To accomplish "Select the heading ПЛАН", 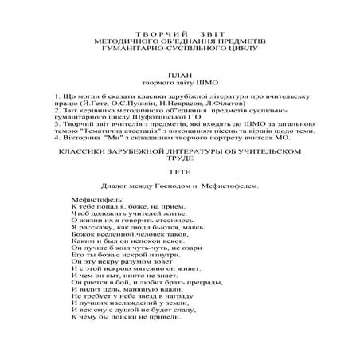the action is coord(179,71).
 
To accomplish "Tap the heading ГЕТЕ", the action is coord(179,170).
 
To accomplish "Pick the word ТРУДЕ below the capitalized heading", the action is coord(179,158).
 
